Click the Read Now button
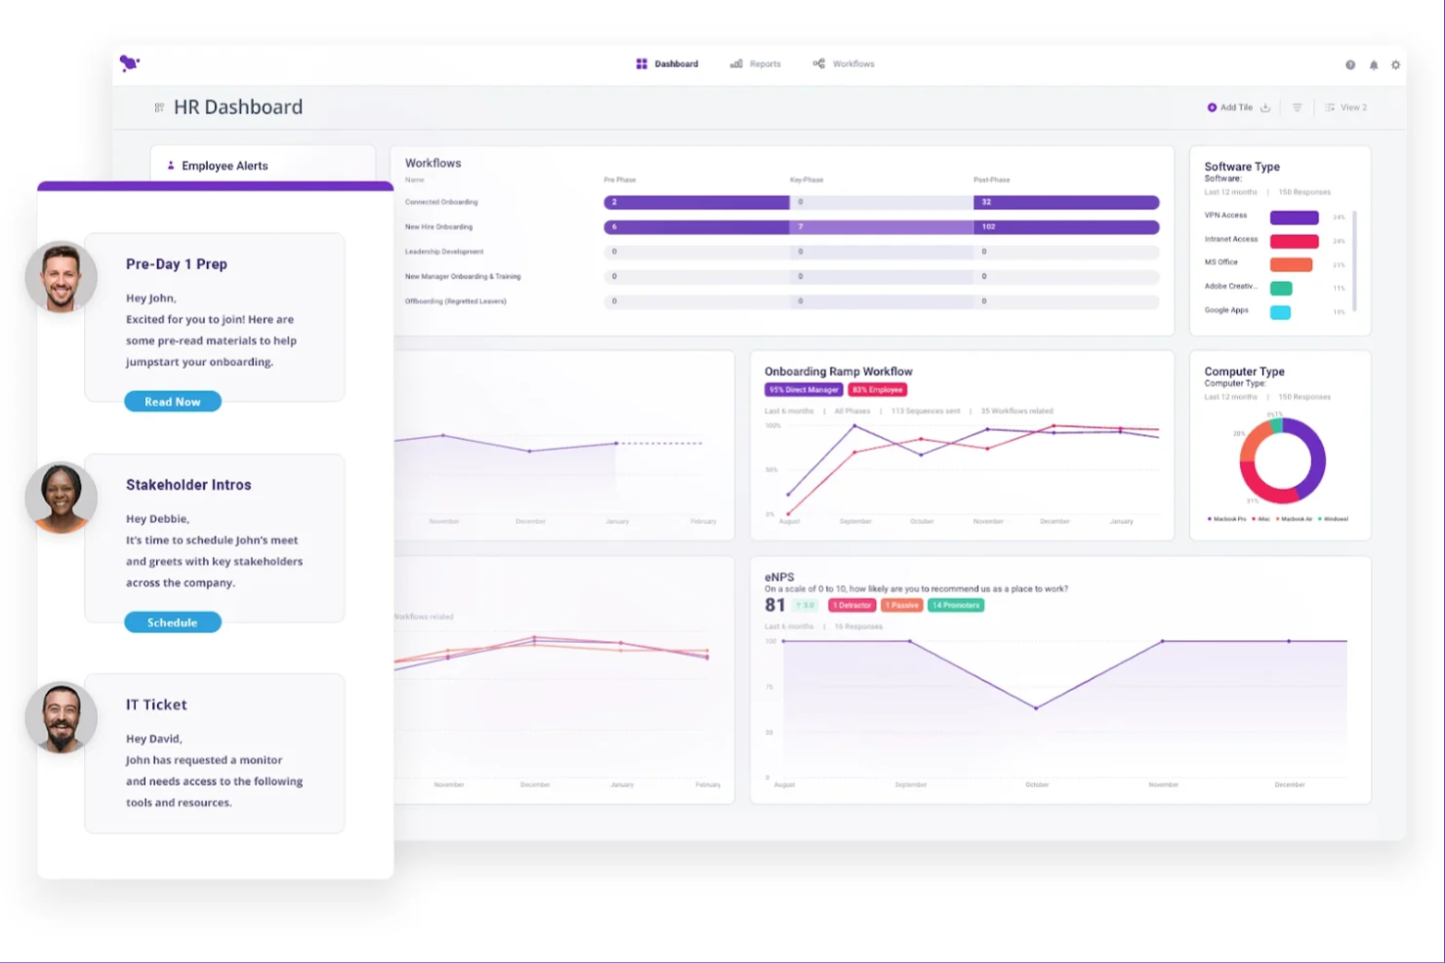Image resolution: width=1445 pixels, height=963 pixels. [173, 402]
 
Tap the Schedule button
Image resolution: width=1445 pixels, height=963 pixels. [173, 622]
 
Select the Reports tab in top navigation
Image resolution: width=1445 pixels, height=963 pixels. [756, 64]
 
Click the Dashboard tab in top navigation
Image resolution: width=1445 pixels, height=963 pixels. [667, 64]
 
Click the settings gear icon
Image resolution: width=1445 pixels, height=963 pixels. [1395, 65]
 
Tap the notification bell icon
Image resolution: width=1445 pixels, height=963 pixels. [1374, 65]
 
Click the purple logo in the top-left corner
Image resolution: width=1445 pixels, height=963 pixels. [129, 63]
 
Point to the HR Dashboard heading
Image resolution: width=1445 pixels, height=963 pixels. [238, 107]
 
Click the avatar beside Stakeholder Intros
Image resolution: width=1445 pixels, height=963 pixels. [62, 498]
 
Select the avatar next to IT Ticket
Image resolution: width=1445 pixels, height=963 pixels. [62, 717]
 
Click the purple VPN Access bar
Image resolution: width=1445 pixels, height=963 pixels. [1294, 218]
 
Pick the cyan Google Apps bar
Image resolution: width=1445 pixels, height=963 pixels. [1280, 312]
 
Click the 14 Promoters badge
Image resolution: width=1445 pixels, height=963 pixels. [956, 606]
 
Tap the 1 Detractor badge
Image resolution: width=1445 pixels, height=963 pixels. [851, 606]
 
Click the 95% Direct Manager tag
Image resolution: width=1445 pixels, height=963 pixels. [803, 390]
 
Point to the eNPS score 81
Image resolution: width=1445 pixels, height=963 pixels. [774, 606]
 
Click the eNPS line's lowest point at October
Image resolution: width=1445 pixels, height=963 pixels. [1036, 708]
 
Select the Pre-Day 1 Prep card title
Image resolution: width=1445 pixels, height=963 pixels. [177, 264]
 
